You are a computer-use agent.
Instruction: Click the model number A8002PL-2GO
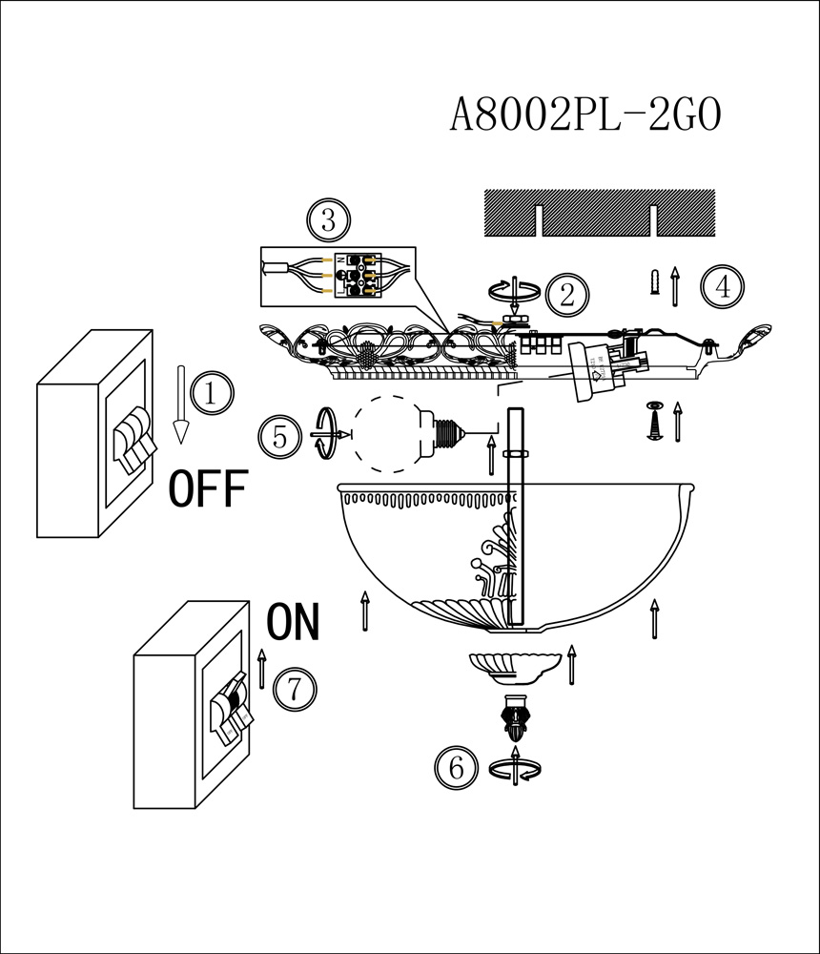585,116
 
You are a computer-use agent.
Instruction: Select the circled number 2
568,295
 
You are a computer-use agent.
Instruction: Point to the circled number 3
328,222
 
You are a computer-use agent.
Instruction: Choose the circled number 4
722,286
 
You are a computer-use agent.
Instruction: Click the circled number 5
279,436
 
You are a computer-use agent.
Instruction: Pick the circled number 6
456,768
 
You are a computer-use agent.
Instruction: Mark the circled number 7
295,688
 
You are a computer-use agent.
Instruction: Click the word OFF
208,489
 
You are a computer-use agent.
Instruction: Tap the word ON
294,622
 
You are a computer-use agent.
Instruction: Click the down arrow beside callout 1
179,404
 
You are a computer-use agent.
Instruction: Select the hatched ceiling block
599,213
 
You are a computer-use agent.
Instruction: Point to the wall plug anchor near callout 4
653,283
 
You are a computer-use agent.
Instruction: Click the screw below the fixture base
654,421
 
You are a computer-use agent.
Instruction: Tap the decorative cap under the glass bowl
512,666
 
